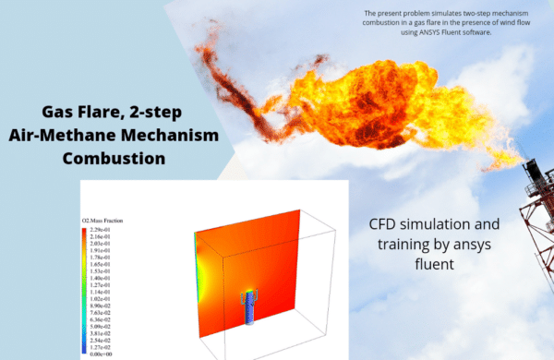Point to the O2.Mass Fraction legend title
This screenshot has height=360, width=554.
(103, 221)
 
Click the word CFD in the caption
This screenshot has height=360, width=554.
(382, 224)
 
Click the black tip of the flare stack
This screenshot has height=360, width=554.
(533, 169)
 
